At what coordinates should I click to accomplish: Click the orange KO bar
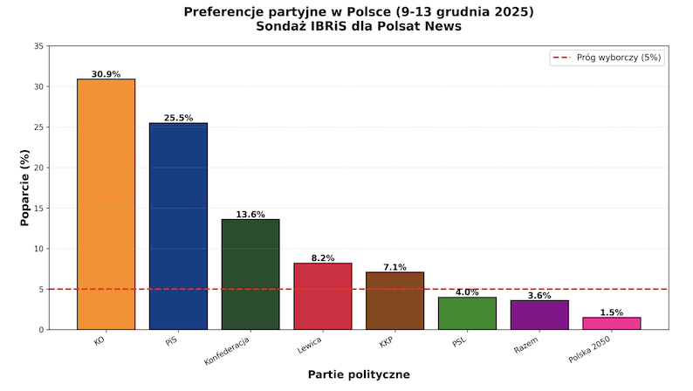tap(106, 204)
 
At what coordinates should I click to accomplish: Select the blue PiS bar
tap(178, 226)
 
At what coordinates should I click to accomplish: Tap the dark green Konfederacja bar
tap(250, 274)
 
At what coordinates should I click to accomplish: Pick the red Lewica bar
tap(323, 296)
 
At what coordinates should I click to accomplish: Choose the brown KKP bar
tap(395, 300)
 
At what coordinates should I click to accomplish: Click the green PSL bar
tap(467, 313)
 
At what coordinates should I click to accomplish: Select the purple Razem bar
tap(539, 315)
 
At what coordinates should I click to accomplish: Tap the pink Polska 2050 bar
tap(612, 323)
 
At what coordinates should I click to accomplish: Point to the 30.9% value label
tap(106, 74)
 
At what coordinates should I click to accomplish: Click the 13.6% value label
tap(250, 214)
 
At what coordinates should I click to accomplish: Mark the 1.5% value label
tap(612, 312)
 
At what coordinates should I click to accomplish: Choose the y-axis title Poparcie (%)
tap(25, 187)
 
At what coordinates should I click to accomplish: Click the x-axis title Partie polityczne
tap(359, 374)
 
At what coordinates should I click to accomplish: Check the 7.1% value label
tap(395, 267)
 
